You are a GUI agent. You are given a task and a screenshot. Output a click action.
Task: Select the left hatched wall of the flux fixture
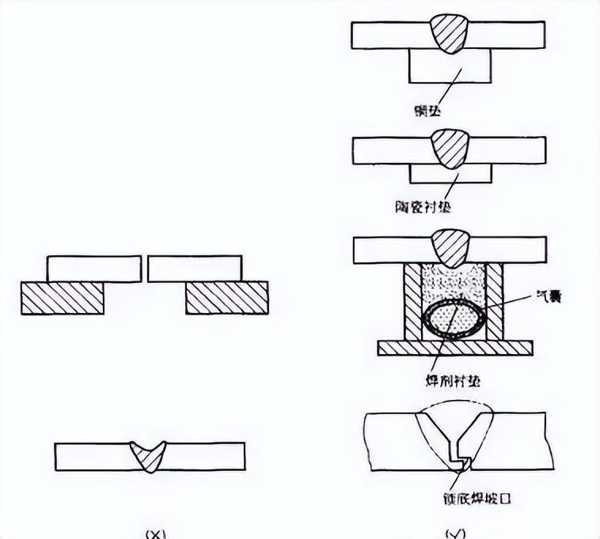click(412, 303)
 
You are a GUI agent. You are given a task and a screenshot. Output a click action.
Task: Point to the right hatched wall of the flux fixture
click(495, 303)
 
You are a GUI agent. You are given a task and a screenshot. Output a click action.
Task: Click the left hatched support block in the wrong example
click(63, 298)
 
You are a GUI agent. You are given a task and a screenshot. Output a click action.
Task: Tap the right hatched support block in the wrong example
click(227, 298)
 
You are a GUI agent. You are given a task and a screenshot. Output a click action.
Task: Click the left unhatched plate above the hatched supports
click(93, 269)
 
